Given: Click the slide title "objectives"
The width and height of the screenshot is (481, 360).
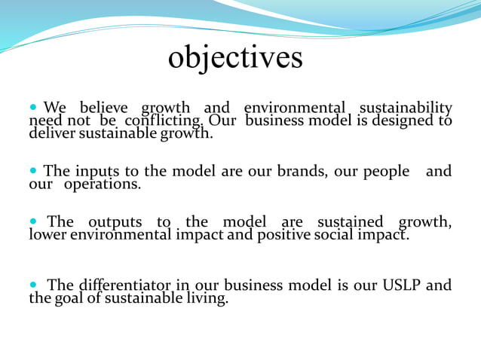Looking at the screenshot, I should [x=235, y=57].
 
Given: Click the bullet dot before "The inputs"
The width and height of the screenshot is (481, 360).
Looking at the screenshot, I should [x=34, y=172].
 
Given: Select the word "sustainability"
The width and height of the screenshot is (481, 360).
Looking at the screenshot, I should [x=405, y=108].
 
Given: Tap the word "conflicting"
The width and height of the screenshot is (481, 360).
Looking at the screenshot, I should [x=163, y=121].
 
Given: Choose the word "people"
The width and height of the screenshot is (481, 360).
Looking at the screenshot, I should [x=386, y=172].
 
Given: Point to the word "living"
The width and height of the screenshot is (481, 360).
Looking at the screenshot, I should [x=204, y=298].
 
